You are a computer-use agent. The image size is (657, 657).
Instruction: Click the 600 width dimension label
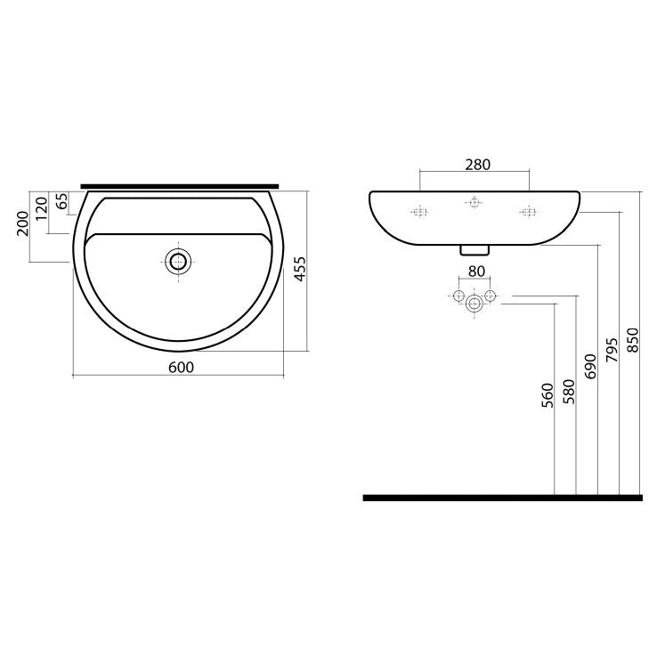point(181,368)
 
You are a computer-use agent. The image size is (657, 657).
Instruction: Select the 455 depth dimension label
point(300,269)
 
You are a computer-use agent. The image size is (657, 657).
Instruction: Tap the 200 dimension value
point(22,223)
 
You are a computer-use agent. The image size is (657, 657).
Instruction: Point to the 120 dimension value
point(42,208)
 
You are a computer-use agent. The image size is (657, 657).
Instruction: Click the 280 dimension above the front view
point(478,165)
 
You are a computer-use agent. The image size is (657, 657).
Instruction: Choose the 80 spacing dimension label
point(476,272)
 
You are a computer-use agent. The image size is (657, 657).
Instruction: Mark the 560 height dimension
point(547,395)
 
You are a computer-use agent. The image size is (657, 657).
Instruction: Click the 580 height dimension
point(569,392)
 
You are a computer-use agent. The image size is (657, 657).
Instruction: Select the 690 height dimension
point(590,366)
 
